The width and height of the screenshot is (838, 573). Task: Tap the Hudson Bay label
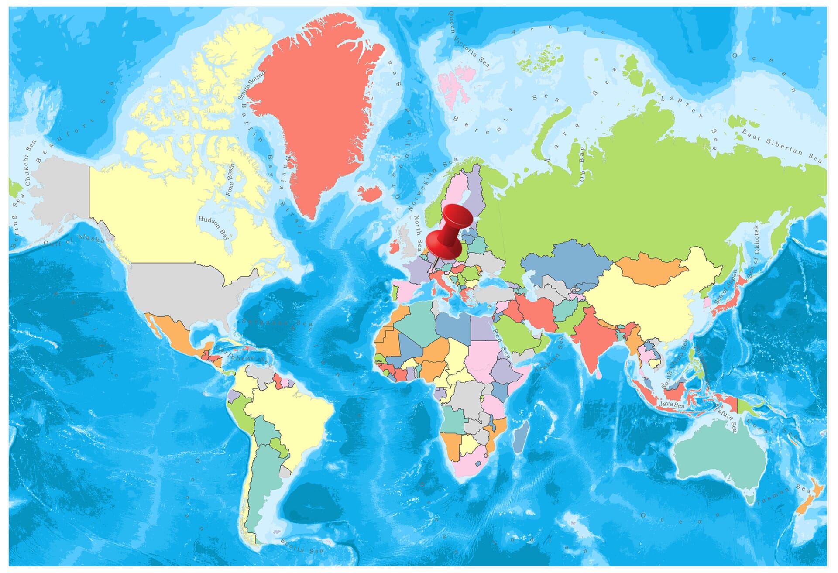(x=213, y=227)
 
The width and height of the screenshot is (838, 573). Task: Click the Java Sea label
(x=672, y=405)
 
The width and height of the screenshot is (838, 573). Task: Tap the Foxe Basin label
(x=230, y=179)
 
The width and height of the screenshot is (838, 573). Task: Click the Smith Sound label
(x=251, y=85)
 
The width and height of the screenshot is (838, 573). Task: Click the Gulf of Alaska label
(x=74, y=240)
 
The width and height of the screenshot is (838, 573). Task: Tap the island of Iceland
(x=370, y=193)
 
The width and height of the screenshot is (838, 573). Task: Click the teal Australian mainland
(x=720, y=454)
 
